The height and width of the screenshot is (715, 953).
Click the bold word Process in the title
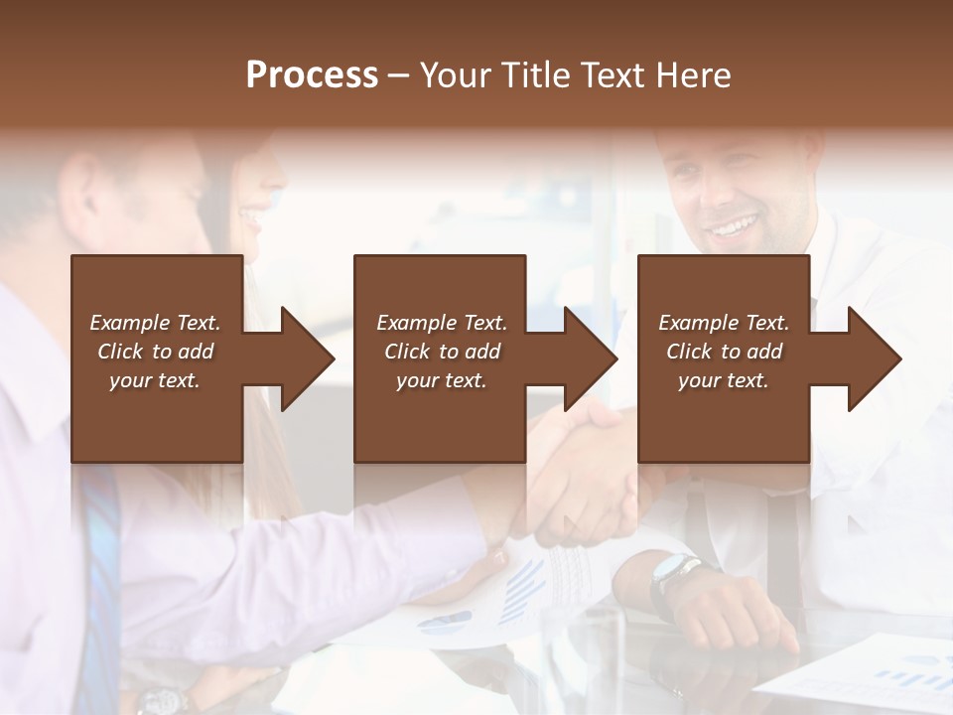pyautogui.click(x=312, y=75)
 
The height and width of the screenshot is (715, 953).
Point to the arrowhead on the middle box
pyautogui.click(x=589, y=358)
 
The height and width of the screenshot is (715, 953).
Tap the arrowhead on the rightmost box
pyautogui.click(x=873, y=358)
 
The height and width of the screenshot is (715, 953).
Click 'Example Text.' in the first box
pyautogui.click(x=155, y=322)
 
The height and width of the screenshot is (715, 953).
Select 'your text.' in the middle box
pyautogui.click(x=441, y=380)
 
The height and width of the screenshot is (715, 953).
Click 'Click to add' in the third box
pyautogui.click(x=724, y=352)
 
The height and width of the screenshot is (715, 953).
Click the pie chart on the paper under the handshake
pyautogui.click(x=446, y=623)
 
